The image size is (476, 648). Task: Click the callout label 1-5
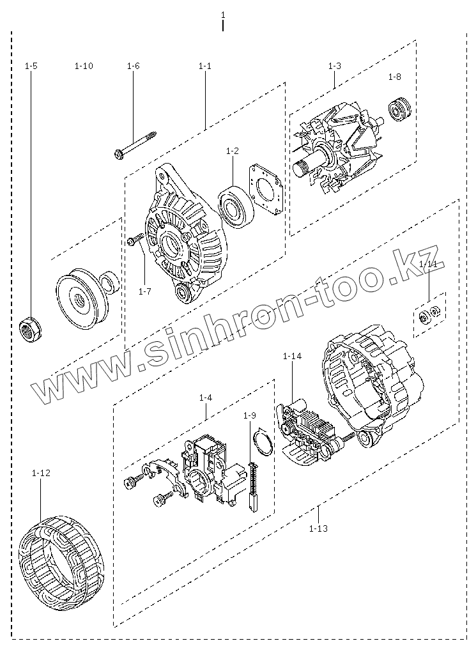coord(31,66)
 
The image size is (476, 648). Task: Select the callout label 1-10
coord(84,66)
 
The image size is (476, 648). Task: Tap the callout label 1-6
coord(133,66)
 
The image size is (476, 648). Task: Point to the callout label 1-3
coord(334,66)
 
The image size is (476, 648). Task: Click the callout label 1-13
coord(318,528)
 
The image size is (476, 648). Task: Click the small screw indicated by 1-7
coord(134,241)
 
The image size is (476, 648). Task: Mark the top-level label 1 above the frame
coord(222,14)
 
